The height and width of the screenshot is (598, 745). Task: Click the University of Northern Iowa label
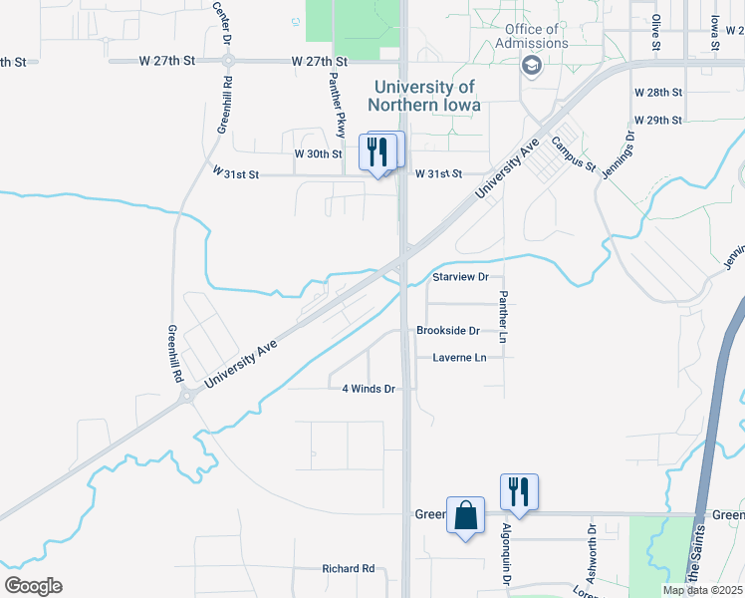(x=423, y=96)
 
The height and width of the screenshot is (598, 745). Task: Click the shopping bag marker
(x=465, y=516)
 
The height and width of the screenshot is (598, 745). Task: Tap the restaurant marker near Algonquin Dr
(x=519, y=492)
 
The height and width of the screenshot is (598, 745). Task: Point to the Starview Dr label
(x=461, y=277)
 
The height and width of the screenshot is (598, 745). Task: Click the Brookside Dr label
(x=448, y=331)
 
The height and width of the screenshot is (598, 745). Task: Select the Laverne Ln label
(x=459, y=358)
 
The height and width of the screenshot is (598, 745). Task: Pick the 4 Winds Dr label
(x=369, y=389)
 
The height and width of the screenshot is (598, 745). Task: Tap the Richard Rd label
(x=348, y=569)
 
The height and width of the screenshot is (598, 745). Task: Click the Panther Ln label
(x=504, y=318)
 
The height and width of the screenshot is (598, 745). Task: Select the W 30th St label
(x=318, y=154)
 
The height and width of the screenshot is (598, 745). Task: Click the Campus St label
(x=574, y=152)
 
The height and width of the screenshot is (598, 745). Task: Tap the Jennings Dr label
(x=616, y=154)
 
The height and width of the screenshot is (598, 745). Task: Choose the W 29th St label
(x=657, y=121)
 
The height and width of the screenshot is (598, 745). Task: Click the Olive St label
(x=656, y=33)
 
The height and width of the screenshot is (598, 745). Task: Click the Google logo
(x=34, y=585)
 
